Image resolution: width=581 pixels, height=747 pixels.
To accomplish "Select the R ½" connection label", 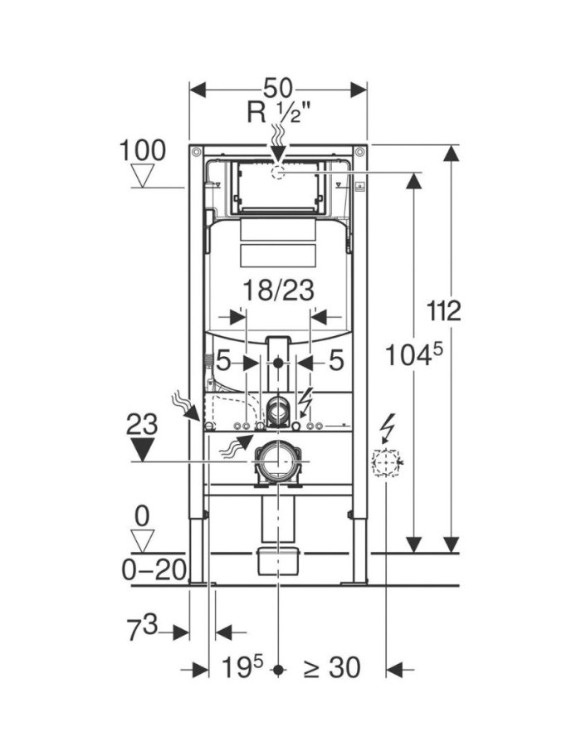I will (278, 112).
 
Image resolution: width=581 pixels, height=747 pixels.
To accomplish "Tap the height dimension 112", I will (444, 312).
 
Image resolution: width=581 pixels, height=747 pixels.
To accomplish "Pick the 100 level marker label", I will (143, 151).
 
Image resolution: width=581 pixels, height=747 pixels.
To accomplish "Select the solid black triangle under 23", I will (143, 450).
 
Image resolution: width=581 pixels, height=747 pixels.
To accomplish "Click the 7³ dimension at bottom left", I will (142, 631).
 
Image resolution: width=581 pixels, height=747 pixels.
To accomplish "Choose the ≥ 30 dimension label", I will (332, 667).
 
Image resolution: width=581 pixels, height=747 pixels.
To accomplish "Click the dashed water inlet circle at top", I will (278, 172).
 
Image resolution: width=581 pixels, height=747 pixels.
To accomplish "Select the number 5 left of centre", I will (222, 362).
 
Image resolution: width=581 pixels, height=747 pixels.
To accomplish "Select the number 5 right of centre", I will (335, 362).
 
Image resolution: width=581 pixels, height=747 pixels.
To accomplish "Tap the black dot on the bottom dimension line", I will (281, 668).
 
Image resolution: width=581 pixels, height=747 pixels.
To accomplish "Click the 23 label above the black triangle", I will (143, 425).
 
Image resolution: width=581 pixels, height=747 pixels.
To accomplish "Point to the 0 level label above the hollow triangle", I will (142, 516).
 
